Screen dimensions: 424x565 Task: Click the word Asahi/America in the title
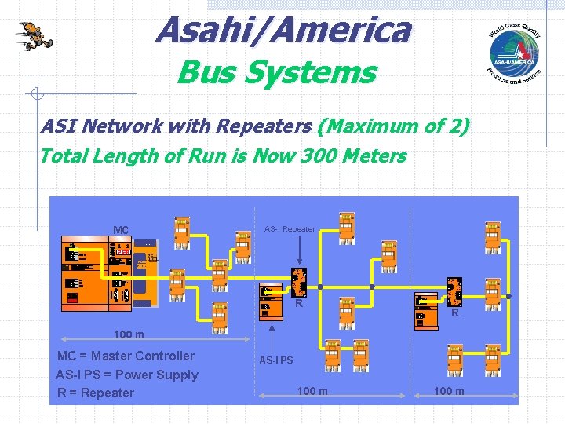click(x=282, y=31)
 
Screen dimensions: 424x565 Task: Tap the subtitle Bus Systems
click(x=276, y=73)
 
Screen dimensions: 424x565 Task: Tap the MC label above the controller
click(x=120, y=230)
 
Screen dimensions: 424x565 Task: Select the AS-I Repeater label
click(x=290, y=229)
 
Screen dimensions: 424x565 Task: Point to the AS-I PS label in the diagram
click(x=276, y=360)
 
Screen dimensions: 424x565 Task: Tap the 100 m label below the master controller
click(x=129, y=335)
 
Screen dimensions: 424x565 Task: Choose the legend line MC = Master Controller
click(x=126, y=356)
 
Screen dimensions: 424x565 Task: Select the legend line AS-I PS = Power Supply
click(x=127, y=375)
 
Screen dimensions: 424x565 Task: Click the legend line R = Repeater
click(x=96, y=393)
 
